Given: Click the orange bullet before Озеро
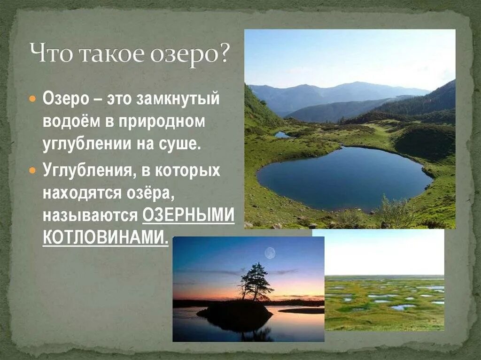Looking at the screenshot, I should pyautogui.click(x=32, y=100).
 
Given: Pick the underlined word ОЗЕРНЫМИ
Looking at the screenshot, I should pyautogui.click(x=188, y=215).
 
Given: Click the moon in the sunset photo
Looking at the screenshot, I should pyautogui.click(x=270, y=253).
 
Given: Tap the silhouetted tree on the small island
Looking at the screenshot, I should pyautogui.click(x=255, y=281).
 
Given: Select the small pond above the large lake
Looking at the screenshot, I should pyautogui.click(x=282, y=135).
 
